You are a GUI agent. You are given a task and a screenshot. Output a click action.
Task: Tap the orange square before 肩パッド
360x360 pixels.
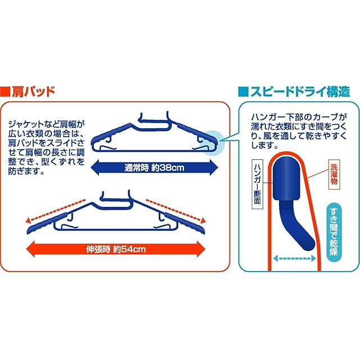tap(6, 91)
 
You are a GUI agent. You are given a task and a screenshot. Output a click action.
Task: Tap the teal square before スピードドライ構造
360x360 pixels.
tap(242, 91)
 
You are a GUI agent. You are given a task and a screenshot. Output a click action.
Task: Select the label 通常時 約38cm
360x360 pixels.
tap(154, 167)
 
